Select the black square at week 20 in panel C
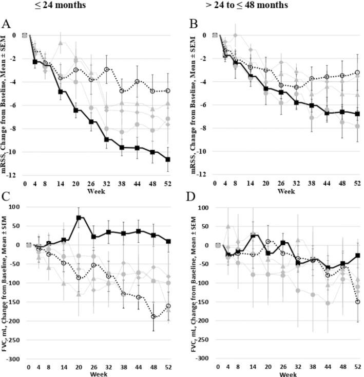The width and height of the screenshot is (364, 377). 79,218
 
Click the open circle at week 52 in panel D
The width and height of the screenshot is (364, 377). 357,302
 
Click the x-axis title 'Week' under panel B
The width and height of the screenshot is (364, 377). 286,191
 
